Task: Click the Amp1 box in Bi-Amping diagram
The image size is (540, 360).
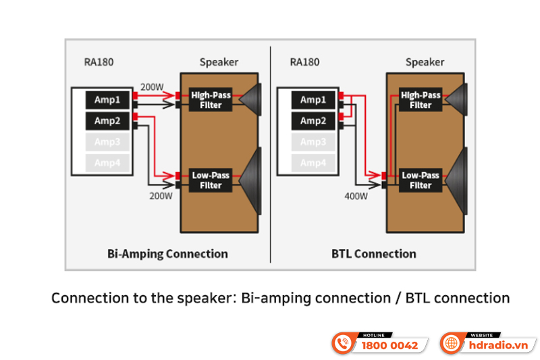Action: point(107,100)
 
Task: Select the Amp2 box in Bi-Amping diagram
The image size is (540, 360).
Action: point(107,121)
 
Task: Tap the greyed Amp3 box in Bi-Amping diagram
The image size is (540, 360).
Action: point(107,142)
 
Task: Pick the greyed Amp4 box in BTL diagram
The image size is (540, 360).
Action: point(313,163)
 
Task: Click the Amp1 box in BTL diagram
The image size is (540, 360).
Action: point(313,100)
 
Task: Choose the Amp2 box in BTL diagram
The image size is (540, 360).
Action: point(313,121)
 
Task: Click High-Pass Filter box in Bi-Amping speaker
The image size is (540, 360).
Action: point(211,100)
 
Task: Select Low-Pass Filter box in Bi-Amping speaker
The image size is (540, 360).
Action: point(211,180)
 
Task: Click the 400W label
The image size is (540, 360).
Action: point(356,197)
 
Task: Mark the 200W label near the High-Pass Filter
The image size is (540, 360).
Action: point(152,87)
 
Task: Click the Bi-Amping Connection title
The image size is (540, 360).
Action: point(167,254)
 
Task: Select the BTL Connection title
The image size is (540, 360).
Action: point(374,254)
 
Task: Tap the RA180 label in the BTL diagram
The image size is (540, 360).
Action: point(304,62)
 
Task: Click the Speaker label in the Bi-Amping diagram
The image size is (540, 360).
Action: point(219,62)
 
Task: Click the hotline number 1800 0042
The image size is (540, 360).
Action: point(389,345)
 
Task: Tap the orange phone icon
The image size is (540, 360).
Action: point(344,343)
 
